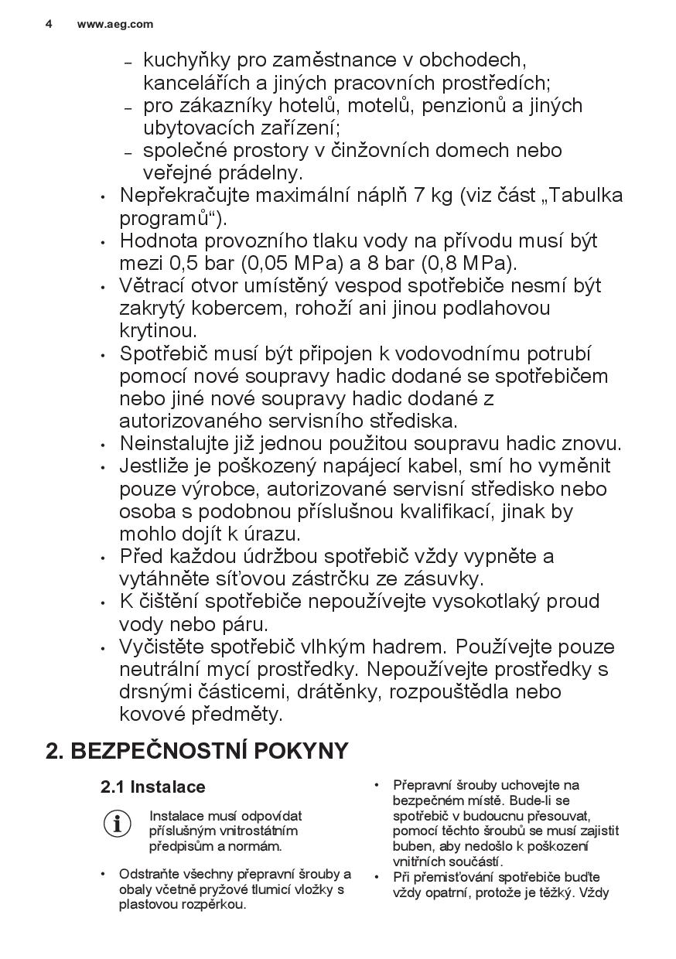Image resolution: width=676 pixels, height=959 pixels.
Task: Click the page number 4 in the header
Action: (49, 24)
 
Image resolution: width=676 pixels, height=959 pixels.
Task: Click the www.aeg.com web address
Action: (115, 24)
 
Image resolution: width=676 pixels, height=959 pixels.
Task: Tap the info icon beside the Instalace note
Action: (118, 824)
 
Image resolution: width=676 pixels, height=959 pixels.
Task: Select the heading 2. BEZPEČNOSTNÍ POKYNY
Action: (197, 751)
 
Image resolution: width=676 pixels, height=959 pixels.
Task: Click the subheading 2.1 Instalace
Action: (153, 787)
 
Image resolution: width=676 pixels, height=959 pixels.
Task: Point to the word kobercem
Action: (236, 309)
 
